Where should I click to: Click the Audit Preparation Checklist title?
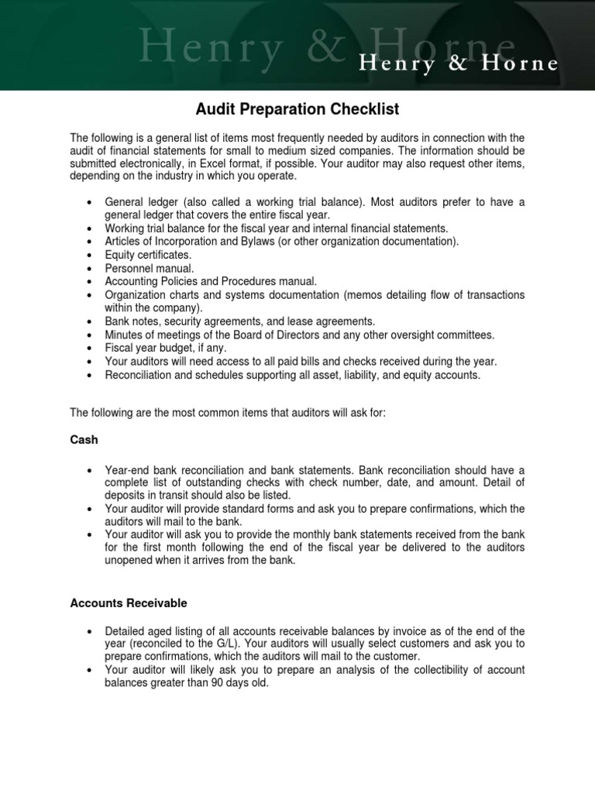297,109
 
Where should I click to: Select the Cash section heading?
84,439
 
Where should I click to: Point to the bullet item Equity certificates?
148,254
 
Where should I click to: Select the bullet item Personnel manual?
144,267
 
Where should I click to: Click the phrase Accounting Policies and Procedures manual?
211,281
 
